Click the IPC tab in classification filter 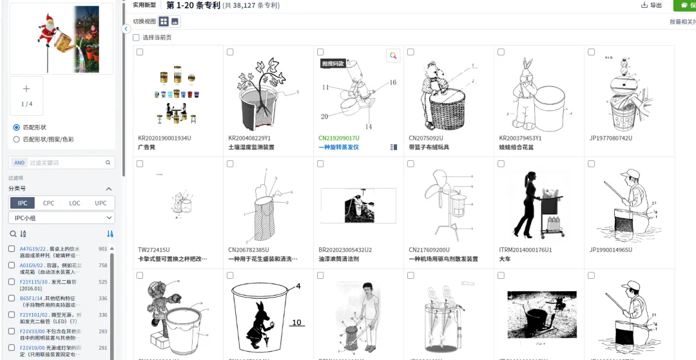point(23,203)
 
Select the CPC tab point(48,203)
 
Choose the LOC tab point(75,203)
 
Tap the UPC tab point(101,203)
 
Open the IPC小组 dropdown point(62,218)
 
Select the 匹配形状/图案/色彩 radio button point(17,139)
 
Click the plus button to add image point(26,90)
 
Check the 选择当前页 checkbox point(136,37)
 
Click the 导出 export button point(652,5)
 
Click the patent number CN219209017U point(338,138)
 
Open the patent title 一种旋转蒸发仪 point(338,147)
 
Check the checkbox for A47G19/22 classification point(12,249)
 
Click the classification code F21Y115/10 point(33,281)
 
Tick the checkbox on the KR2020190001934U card point(140,52)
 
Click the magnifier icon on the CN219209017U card point(392,56)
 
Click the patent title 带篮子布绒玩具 point(430,147)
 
